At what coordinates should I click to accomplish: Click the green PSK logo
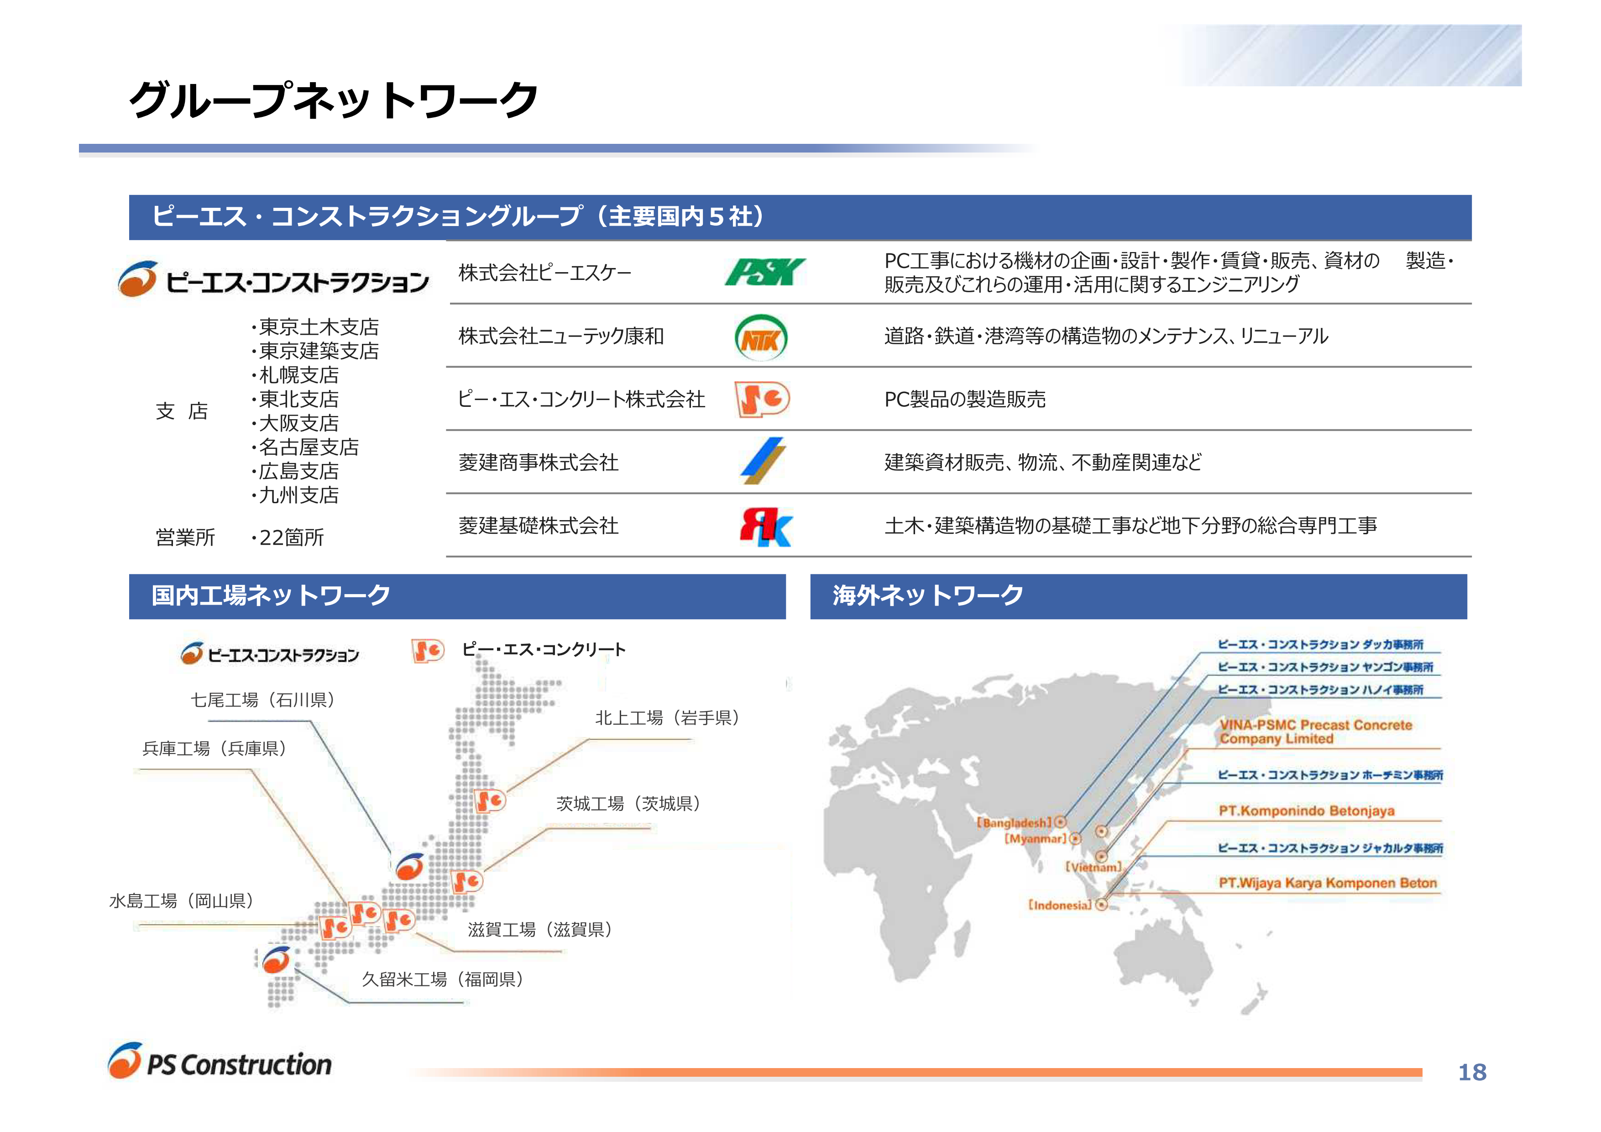tap(765, 272)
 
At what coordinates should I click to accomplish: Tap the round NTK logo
tap(761, 337)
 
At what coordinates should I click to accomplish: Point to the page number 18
tap(1472, 1072)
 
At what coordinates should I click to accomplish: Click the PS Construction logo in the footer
tap(220, 1062)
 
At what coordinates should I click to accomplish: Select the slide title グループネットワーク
tap(333, 100)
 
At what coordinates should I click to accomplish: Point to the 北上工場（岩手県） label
tap(667, 718)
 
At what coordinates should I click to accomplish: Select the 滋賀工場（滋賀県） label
tap(540, 929)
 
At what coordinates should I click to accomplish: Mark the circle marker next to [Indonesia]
tap(1101, 905)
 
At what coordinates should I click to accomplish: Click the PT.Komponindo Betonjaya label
tap(1307, 811)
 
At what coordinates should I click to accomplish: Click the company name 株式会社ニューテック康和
tap(561, 336)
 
